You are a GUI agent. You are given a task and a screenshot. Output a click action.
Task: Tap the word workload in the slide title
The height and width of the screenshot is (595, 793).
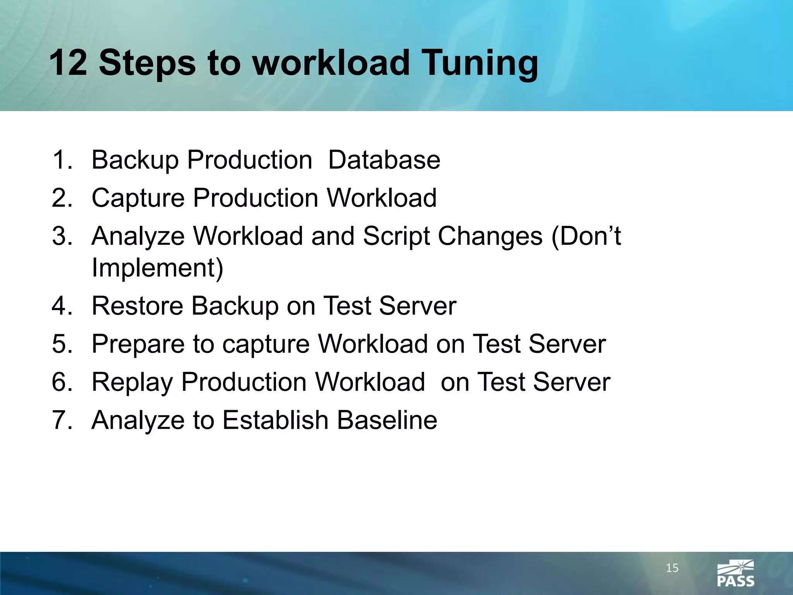click(x=331, y=63)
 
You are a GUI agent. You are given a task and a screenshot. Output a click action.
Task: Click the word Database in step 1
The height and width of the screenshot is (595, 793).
click(x=384, y=160)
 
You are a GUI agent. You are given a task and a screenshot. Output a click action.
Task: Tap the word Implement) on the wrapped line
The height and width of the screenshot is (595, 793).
click(x=158, y=268)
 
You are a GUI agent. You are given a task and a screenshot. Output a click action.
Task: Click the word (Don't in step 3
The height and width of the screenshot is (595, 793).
click(x=586, y=236)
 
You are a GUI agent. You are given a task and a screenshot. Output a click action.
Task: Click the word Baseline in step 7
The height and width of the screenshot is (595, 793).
click(x=387, y=420)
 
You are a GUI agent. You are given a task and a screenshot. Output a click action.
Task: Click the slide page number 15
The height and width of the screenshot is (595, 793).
click(x=672, y=568)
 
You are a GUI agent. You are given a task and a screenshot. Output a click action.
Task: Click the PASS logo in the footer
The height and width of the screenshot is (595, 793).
click(x=735, y=574)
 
